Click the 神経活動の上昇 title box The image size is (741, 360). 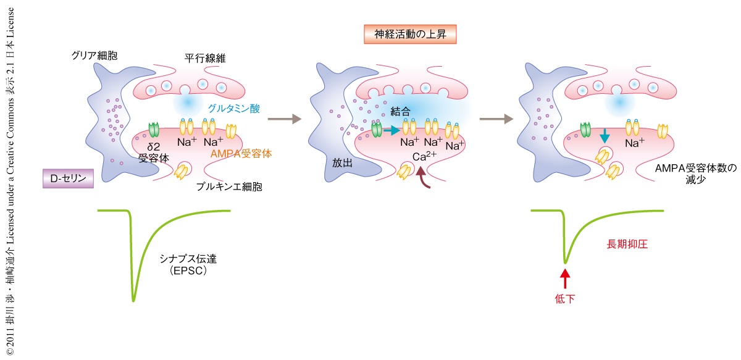[410, 35]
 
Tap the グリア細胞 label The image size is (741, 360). [94, 56]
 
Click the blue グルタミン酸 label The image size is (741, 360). [233, 107]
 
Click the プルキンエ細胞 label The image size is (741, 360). [229, 186]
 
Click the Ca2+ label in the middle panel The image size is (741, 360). [421, 156]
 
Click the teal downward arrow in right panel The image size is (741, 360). [605, 137]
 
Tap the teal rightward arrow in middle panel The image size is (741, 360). [391, 130]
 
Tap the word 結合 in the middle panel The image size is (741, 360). [401, 111]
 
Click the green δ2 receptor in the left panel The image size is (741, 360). [154, 130]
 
